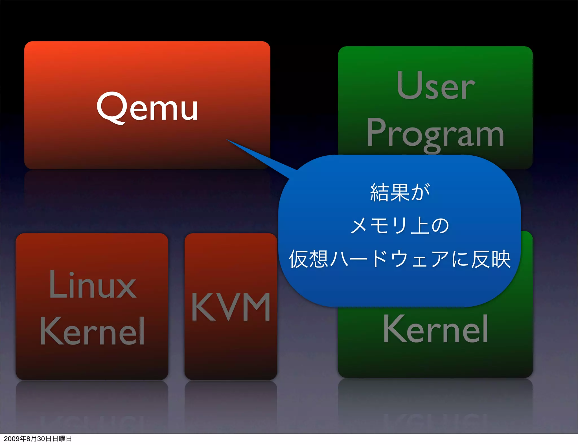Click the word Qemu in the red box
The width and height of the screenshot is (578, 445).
click(147, 108)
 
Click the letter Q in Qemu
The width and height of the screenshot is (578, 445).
click(111, 108)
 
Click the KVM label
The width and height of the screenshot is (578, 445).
click(231, 307)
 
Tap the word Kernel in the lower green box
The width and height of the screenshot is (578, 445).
click(435, 329)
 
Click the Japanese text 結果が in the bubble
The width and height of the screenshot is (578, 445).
click(400, 193)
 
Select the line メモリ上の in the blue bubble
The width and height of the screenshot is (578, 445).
click(400, 226)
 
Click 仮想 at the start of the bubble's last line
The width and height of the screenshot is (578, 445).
click(308, 259)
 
